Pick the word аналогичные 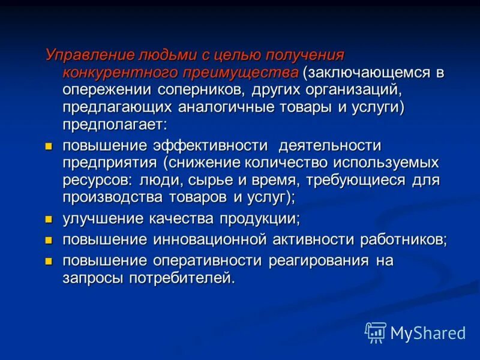225,107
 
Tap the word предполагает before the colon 112,125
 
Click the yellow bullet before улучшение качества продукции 50,218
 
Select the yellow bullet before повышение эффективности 50,146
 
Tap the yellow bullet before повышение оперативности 50,261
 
